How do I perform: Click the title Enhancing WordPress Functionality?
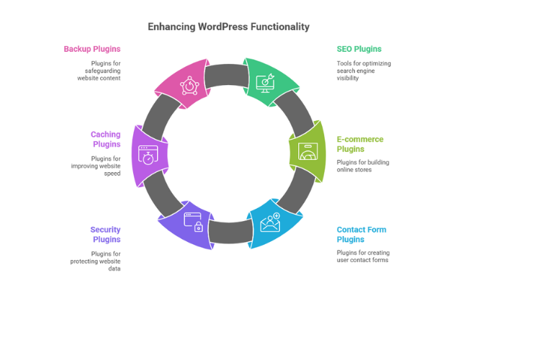(228, 27)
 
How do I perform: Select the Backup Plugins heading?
(91, 49)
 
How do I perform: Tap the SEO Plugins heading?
(359, 49)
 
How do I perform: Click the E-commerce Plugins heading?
(360, 144)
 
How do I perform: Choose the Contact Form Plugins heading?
(361, 235)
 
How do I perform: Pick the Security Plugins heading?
(105, 235)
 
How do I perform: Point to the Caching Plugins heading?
(105, 139)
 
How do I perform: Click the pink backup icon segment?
(189, 85)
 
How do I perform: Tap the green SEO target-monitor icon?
(266, 83)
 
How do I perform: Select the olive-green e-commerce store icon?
(307, 152)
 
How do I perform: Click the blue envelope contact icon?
(270, 223)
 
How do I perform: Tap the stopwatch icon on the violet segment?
(148, 156)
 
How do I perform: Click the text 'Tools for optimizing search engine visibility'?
(364, 71)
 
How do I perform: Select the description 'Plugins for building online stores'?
(362, 166)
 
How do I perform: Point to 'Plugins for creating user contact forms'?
(362, 256)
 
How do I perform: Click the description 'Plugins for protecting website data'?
(96, 261)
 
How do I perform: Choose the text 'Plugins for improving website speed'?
(96, 166)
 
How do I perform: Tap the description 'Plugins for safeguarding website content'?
(99, 71)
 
